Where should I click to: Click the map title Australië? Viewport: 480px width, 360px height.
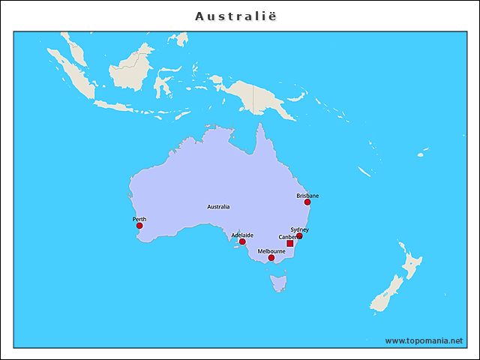(x=240, y=16)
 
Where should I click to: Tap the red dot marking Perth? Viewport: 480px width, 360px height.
(x=139, y=226)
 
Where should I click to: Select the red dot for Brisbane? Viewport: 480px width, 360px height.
(x=307, y=202)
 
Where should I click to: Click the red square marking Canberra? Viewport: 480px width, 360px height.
(x=290, y=244)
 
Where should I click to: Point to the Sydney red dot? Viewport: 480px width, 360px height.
(x=299, y=235)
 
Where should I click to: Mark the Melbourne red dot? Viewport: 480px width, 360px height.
(x=271, y=258)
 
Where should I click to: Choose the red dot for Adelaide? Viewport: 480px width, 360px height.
(x=242, y=241)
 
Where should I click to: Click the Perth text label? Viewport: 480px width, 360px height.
(x=139, y=219)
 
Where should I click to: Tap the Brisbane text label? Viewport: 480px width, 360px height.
(x=307, y=195)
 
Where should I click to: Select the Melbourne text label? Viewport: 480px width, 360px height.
(x=271, y=251)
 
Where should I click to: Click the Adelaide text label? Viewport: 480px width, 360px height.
(x=242, y=235)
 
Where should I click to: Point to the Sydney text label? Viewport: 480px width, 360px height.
(x=299, y=229)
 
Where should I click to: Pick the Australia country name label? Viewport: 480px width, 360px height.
(x=218, y=206)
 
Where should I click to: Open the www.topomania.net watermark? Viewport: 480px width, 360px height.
(x=424, y=340)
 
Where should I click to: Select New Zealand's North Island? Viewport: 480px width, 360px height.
(x=410, y=263)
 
